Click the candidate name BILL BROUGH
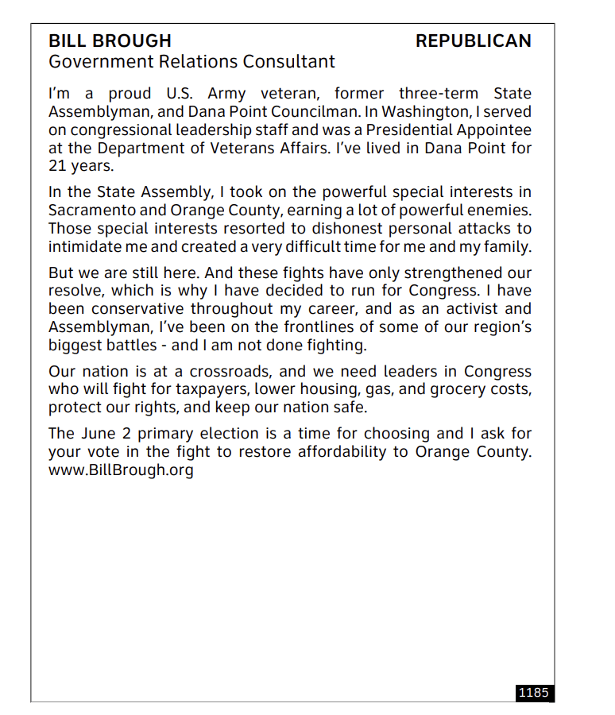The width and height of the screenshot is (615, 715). coord(110,41)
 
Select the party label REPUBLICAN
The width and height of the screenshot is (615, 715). coord(474,41)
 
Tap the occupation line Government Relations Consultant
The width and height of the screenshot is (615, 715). coord(191,61)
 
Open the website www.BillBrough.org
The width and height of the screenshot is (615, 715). coord(121,470)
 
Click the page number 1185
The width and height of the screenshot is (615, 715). coord(533,693)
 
